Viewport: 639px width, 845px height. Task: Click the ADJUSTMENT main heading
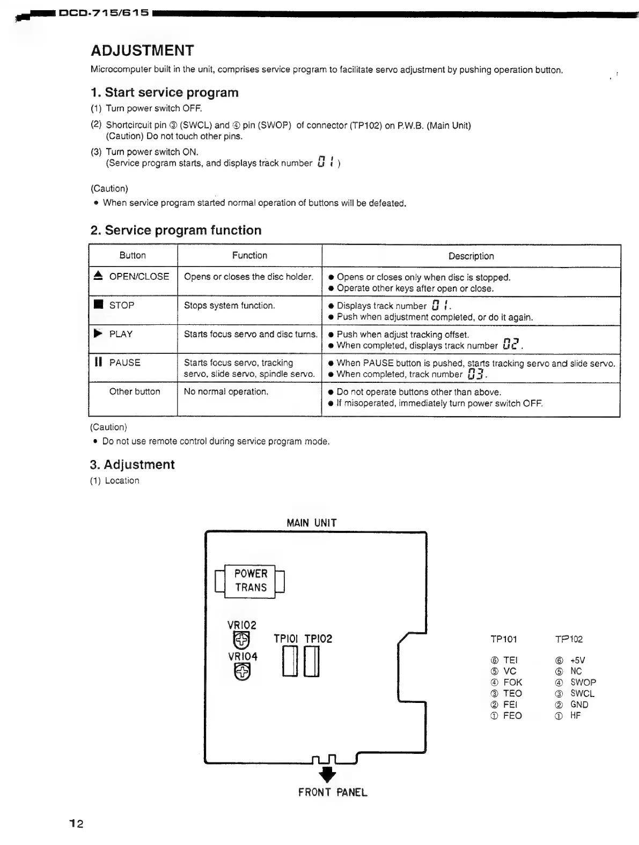click(x=142, y=50)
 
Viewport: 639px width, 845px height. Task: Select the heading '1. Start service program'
click(x=164, y=92)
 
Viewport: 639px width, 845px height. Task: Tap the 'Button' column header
click(x=133, y=256)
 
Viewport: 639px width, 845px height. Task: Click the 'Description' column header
click(x=471, y=256)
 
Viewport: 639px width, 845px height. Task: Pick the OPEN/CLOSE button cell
click(x=133, y=277)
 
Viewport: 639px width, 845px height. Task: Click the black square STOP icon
click(x=98, y=305)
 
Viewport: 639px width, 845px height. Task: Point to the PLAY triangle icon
click(x=98, y=333)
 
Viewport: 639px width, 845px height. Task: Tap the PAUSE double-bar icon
click(x=98, y=362)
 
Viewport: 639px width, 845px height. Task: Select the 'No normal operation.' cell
click(x=226, y=391)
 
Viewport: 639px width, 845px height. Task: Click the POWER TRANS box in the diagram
click(x=250, y=581)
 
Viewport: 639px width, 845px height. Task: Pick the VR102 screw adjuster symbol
click(x=242, y=640)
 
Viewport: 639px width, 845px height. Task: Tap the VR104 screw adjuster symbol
click(x=243, y=671)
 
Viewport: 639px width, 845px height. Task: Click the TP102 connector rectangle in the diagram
click(x=312, y=662)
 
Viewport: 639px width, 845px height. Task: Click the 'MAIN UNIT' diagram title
click(x=312, y=523)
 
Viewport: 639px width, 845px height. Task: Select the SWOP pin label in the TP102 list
click(x=583, y=683)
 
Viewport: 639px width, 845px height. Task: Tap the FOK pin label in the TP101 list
click(x=512, y=683)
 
